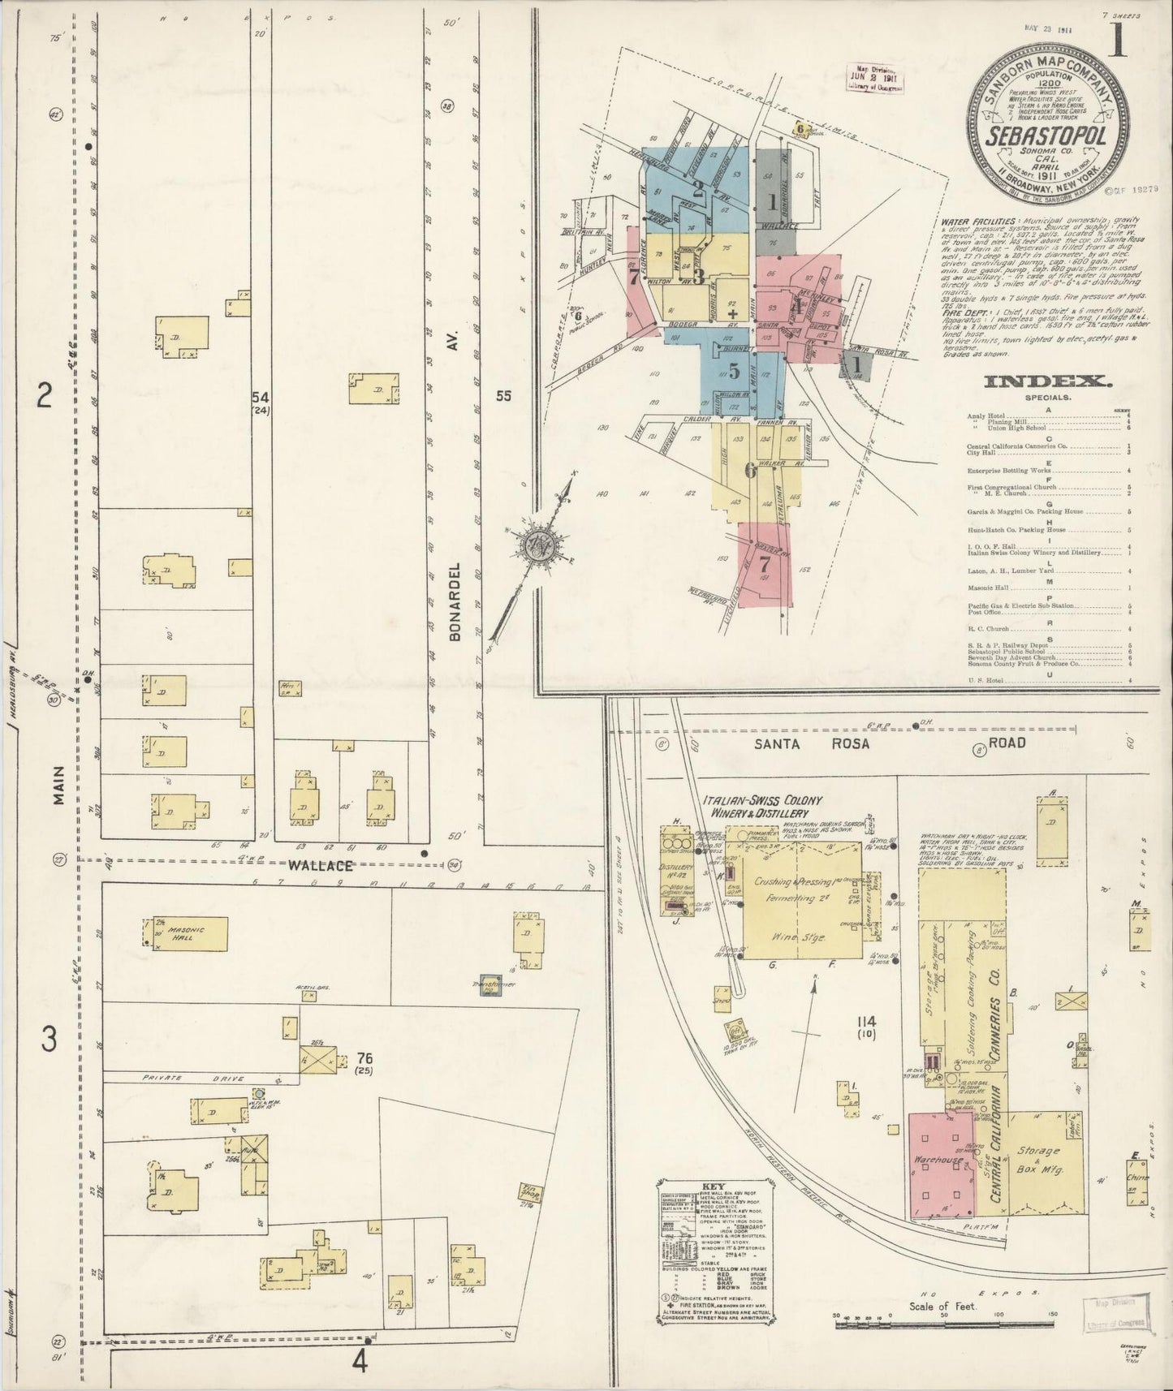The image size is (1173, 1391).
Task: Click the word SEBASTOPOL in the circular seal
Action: click(x=1046, y=136)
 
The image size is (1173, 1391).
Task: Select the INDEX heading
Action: click(x=1047, y=381)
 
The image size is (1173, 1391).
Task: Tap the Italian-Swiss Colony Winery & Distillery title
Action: click(x=762, y=806)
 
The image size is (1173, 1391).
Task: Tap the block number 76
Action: click(x=364, y=1058)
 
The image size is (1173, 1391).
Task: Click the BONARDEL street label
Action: click(x=455, y=601)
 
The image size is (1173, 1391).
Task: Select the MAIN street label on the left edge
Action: click(x=59, y=786)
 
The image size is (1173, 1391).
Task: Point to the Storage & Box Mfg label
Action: click(x=1039, y=1159)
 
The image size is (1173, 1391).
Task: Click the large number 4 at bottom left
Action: click(x=360, y=1359)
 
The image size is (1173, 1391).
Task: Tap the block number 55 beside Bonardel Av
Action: click(x=504, y=396)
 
